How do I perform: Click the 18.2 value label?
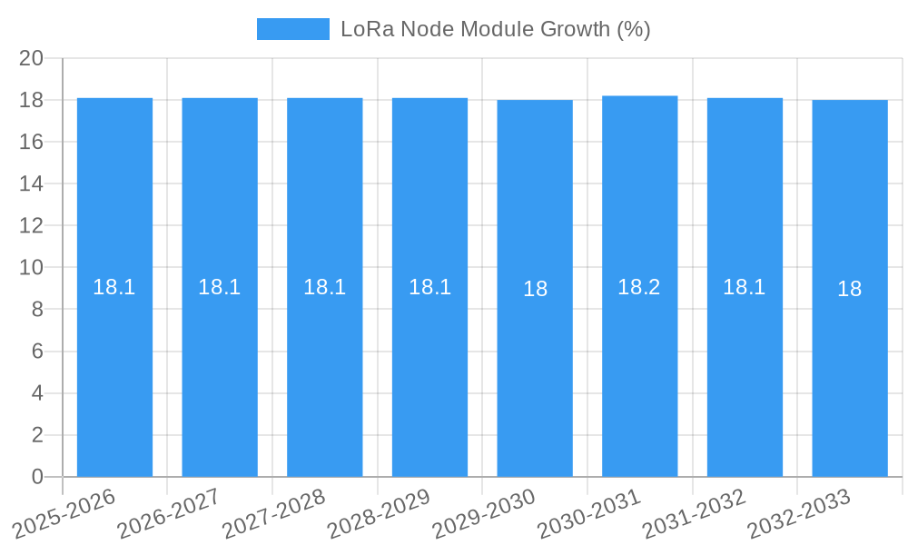point(639,287)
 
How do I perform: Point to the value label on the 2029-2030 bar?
point(535,289)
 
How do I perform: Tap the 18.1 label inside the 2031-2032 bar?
point(745,287)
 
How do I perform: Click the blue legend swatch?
point(292,29)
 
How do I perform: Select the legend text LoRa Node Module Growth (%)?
point(496,29)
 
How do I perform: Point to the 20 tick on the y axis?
point(32,58)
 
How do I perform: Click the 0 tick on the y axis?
point(37,477)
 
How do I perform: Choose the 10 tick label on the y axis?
point(32,268)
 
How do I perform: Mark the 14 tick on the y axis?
point(32,183)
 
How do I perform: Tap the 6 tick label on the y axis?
point(37,352)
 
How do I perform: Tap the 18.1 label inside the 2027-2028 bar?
point(324,287)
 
